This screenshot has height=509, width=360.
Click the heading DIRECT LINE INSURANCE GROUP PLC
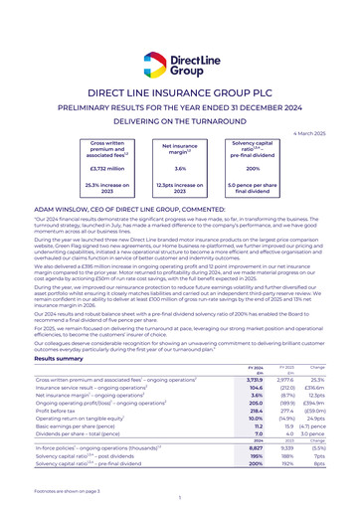[180, 92]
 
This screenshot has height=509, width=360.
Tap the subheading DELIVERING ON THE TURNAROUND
[180, 123]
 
